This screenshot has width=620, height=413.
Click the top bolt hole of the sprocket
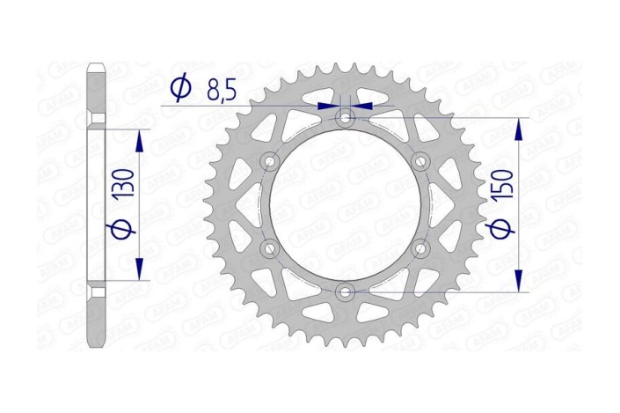345,116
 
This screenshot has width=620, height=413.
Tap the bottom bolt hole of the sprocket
345,291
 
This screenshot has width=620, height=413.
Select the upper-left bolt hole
270,160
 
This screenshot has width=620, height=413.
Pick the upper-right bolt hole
419,160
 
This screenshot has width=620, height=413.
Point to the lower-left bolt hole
270,247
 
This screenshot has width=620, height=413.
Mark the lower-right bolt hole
419,247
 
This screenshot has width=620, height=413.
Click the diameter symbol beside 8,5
180,88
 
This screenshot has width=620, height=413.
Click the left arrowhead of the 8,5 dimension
332,106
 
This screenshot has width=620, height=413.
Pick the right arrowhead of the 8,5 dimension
360,106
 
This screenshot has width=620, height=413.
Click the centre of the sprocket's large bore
345,204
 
